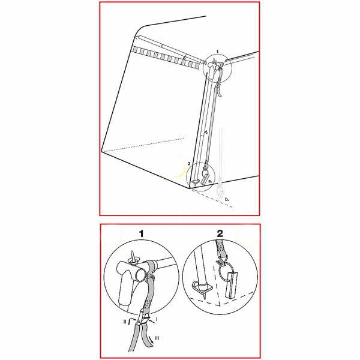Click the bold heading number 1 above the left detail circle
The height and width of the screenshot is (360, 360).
[142, 234]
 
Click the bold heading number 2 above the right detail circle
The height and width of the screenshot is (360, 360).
[220, 234]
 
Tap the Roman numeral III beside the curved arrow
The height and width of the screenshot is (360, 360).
[157, 338]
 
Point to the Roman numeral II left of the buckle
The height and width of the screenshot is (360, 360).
[125, 322]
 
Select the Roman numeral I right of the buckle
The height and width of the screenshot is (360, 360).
[157, 319]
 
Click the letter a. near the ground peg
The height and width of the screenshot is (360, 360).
[210, 181]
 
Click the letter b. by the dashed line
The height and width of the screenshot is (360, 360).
[227, 199]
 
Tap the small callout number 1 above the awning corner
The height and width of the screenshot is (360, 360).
[218, 52]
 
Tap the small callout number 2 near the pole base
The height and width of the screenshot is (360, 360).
[189, 164]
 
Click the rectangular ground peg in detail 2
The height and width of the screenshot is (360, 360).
[232, 286]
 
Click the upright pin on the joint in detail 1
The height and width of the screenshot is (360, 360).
[132, 256]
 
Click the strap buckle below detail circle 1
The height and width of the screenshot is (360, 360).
[143, 319]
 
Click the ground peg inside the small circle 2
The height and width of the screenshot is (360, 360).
[205, 178]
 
